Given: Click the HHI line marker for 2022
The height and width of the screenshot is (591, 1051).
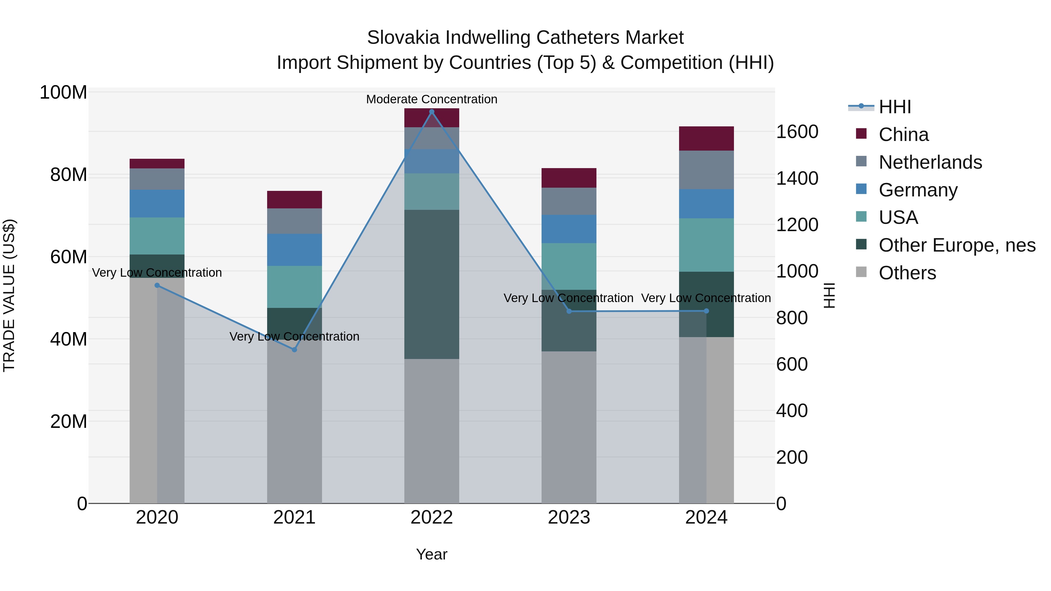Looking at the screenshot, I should pos(432,112).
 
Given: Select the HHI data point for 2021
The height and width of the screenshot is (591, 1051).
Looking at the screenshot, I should pos(294,350).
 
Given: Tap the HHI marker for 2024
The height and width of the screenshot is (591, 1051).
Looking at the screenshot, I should pos(706,311).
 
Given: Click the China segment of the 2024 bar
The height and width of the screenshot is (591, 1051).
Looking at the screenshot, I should pos(706,139).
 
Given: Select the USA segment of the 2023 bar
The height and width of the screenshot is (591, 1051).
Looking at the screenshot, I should pos(569,266).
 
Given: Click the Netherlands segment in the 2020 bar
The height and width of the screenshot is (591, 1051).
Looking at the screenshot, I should pos(157,179).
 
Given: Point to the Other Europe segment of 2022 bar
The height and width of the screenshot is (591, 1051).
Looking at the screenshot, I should pos(432,284).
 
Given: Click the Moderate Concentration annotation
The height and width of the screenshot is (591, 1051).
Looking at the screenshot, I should pos(432,99).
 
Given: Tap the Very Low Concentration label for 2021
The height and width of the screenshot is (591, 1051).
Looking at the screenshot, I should pos(294,337).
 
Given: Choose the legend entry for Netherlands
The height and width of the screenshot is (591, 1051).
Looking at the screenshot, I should pos(930,162).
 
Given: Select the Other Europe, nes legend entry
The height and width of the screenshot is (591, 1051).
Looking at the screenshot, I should pos(957,245).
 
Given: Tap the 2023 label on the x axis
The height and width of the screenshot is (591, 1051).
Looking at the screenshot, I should pos(569,517).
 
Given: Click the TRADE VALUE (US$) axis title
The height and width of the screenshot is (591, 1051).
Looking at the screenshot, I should pos(9,295).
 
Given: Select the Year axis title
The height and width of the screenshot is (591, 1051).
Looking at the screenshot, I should pos(432,554).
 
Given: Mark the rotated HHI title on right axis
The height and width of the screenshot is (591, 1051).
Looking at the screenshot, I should pos(829,295).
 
